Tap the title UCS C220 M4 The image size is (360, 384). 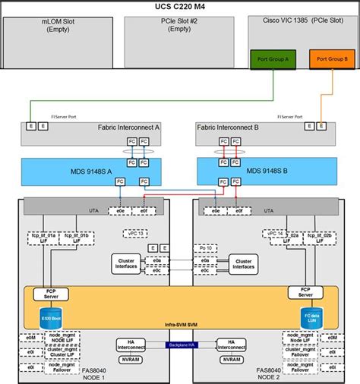coord(179,6)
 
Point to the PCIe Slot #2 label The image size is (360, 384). coord(178,26)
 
